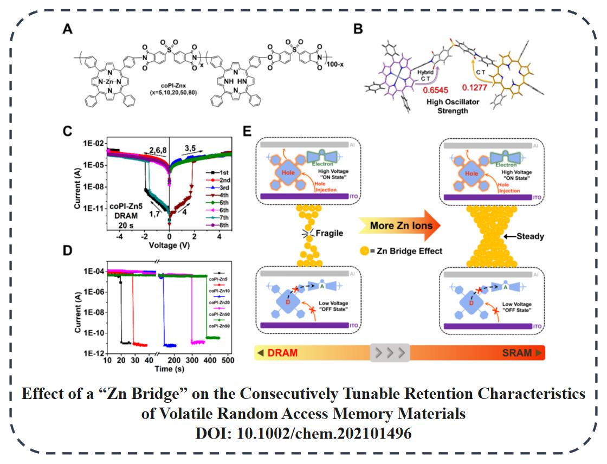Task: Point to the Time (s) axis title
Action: click(169, 369)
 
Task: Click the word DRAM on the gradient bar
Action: click(282, 352)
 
